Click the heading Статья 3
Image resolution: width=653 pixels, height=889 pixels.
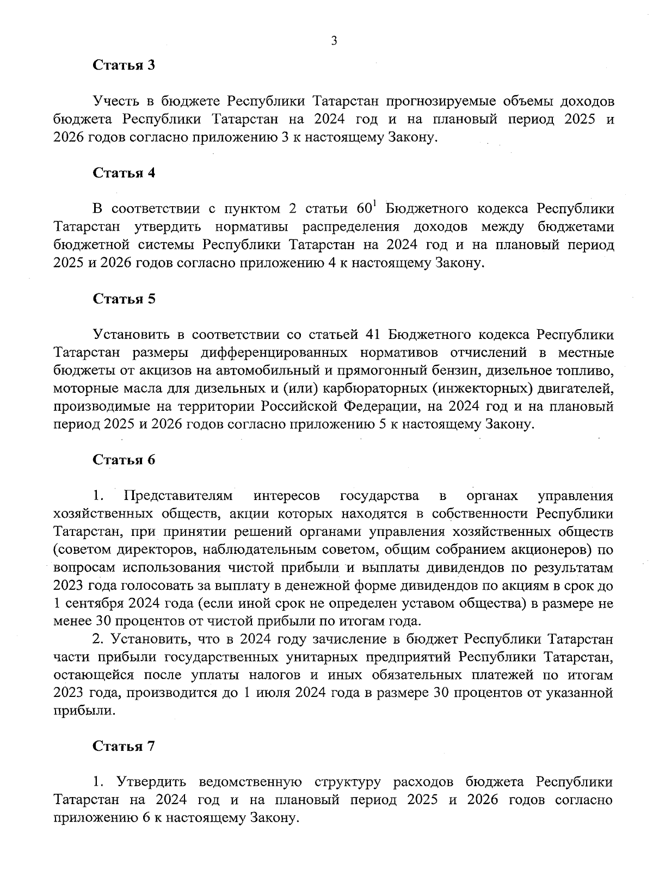coord(124,65)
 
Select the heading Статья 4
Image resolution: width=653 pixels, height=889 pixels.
coord(124,173)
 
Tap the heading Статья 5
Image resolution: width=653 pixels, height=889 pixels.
coord(124,299)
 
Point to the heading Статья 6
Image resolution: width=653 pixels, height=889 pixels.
coord(124,460)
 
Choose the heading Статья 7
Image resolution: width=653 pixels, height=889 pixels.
coord(124,746)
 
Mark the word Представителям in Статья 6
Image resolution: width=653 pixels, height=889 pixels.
coord(178,496)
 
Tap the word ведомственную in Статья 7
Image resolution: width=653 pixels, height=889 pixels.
coord(251,782)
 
